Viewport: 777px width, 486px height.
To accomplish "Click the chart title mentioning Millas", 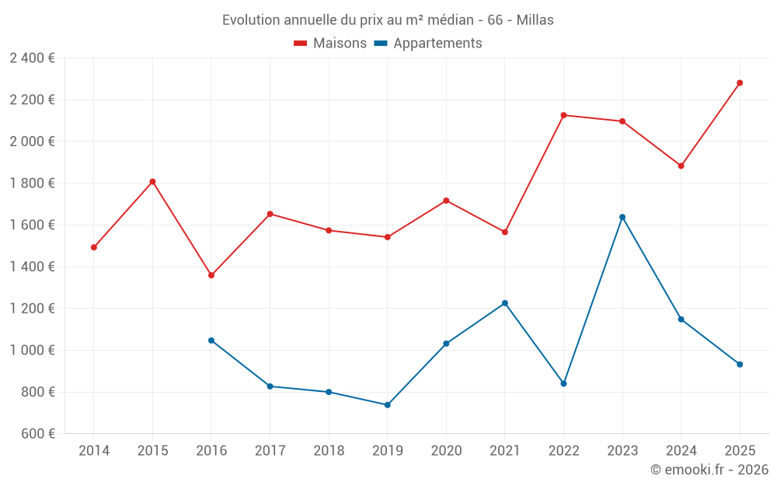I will [x=388, y=19].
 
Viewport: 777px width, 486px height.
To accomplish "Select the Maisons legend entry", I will [x=330, y=44].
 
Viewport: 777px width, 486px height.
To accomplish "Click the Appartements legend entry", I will [x=428, y=44].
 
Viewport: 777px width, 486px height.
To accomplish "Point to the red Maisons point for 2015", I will [x=152, y=182].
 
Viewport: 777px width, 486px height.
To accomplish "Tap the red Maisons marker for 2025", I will [x=740, y=83].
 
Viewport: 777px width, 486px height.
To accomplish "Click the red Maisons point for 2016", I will [x=211, y=275].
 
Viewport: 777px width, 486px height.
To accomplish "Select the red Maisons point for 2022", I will [x=563, y=115].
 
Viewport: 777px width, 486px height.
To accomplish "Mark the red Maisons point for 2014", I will [x=94, y=247].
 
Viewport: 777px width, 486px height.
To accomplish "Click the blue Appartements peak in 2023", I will [x=622, y=217].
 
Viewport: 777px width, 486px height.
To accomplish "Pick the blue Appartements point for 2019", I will [x=387, y=405].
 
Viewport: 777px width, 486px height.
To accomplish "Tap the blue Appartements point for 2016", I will [x=211, y=341].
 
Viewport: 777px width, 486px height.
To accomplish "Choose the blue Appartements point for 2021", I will [x=505, y=303].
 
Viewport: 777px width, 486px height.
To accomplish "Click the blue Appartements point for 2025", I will [x=740, y=365].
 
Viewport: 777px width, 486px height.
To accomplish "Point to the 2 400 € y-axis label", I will [x=32, y=58].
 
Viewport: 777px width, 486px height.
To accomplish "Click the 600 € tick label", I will [x=37, y=434].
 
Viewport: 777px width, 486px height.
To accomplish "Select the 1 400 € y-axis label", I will [x=32, y=267].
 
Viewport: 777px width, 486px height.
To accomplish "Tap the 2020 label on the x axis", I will [x=446, y=451].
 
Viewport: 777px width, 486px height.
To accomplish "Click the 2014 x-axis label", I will [x=94, y=451].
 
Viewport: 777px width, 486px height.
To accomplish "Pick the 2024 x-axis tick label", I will [x=681, y=451].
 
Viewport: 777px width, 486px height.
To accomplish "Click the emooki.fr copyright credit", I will [x=709, y=470].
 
